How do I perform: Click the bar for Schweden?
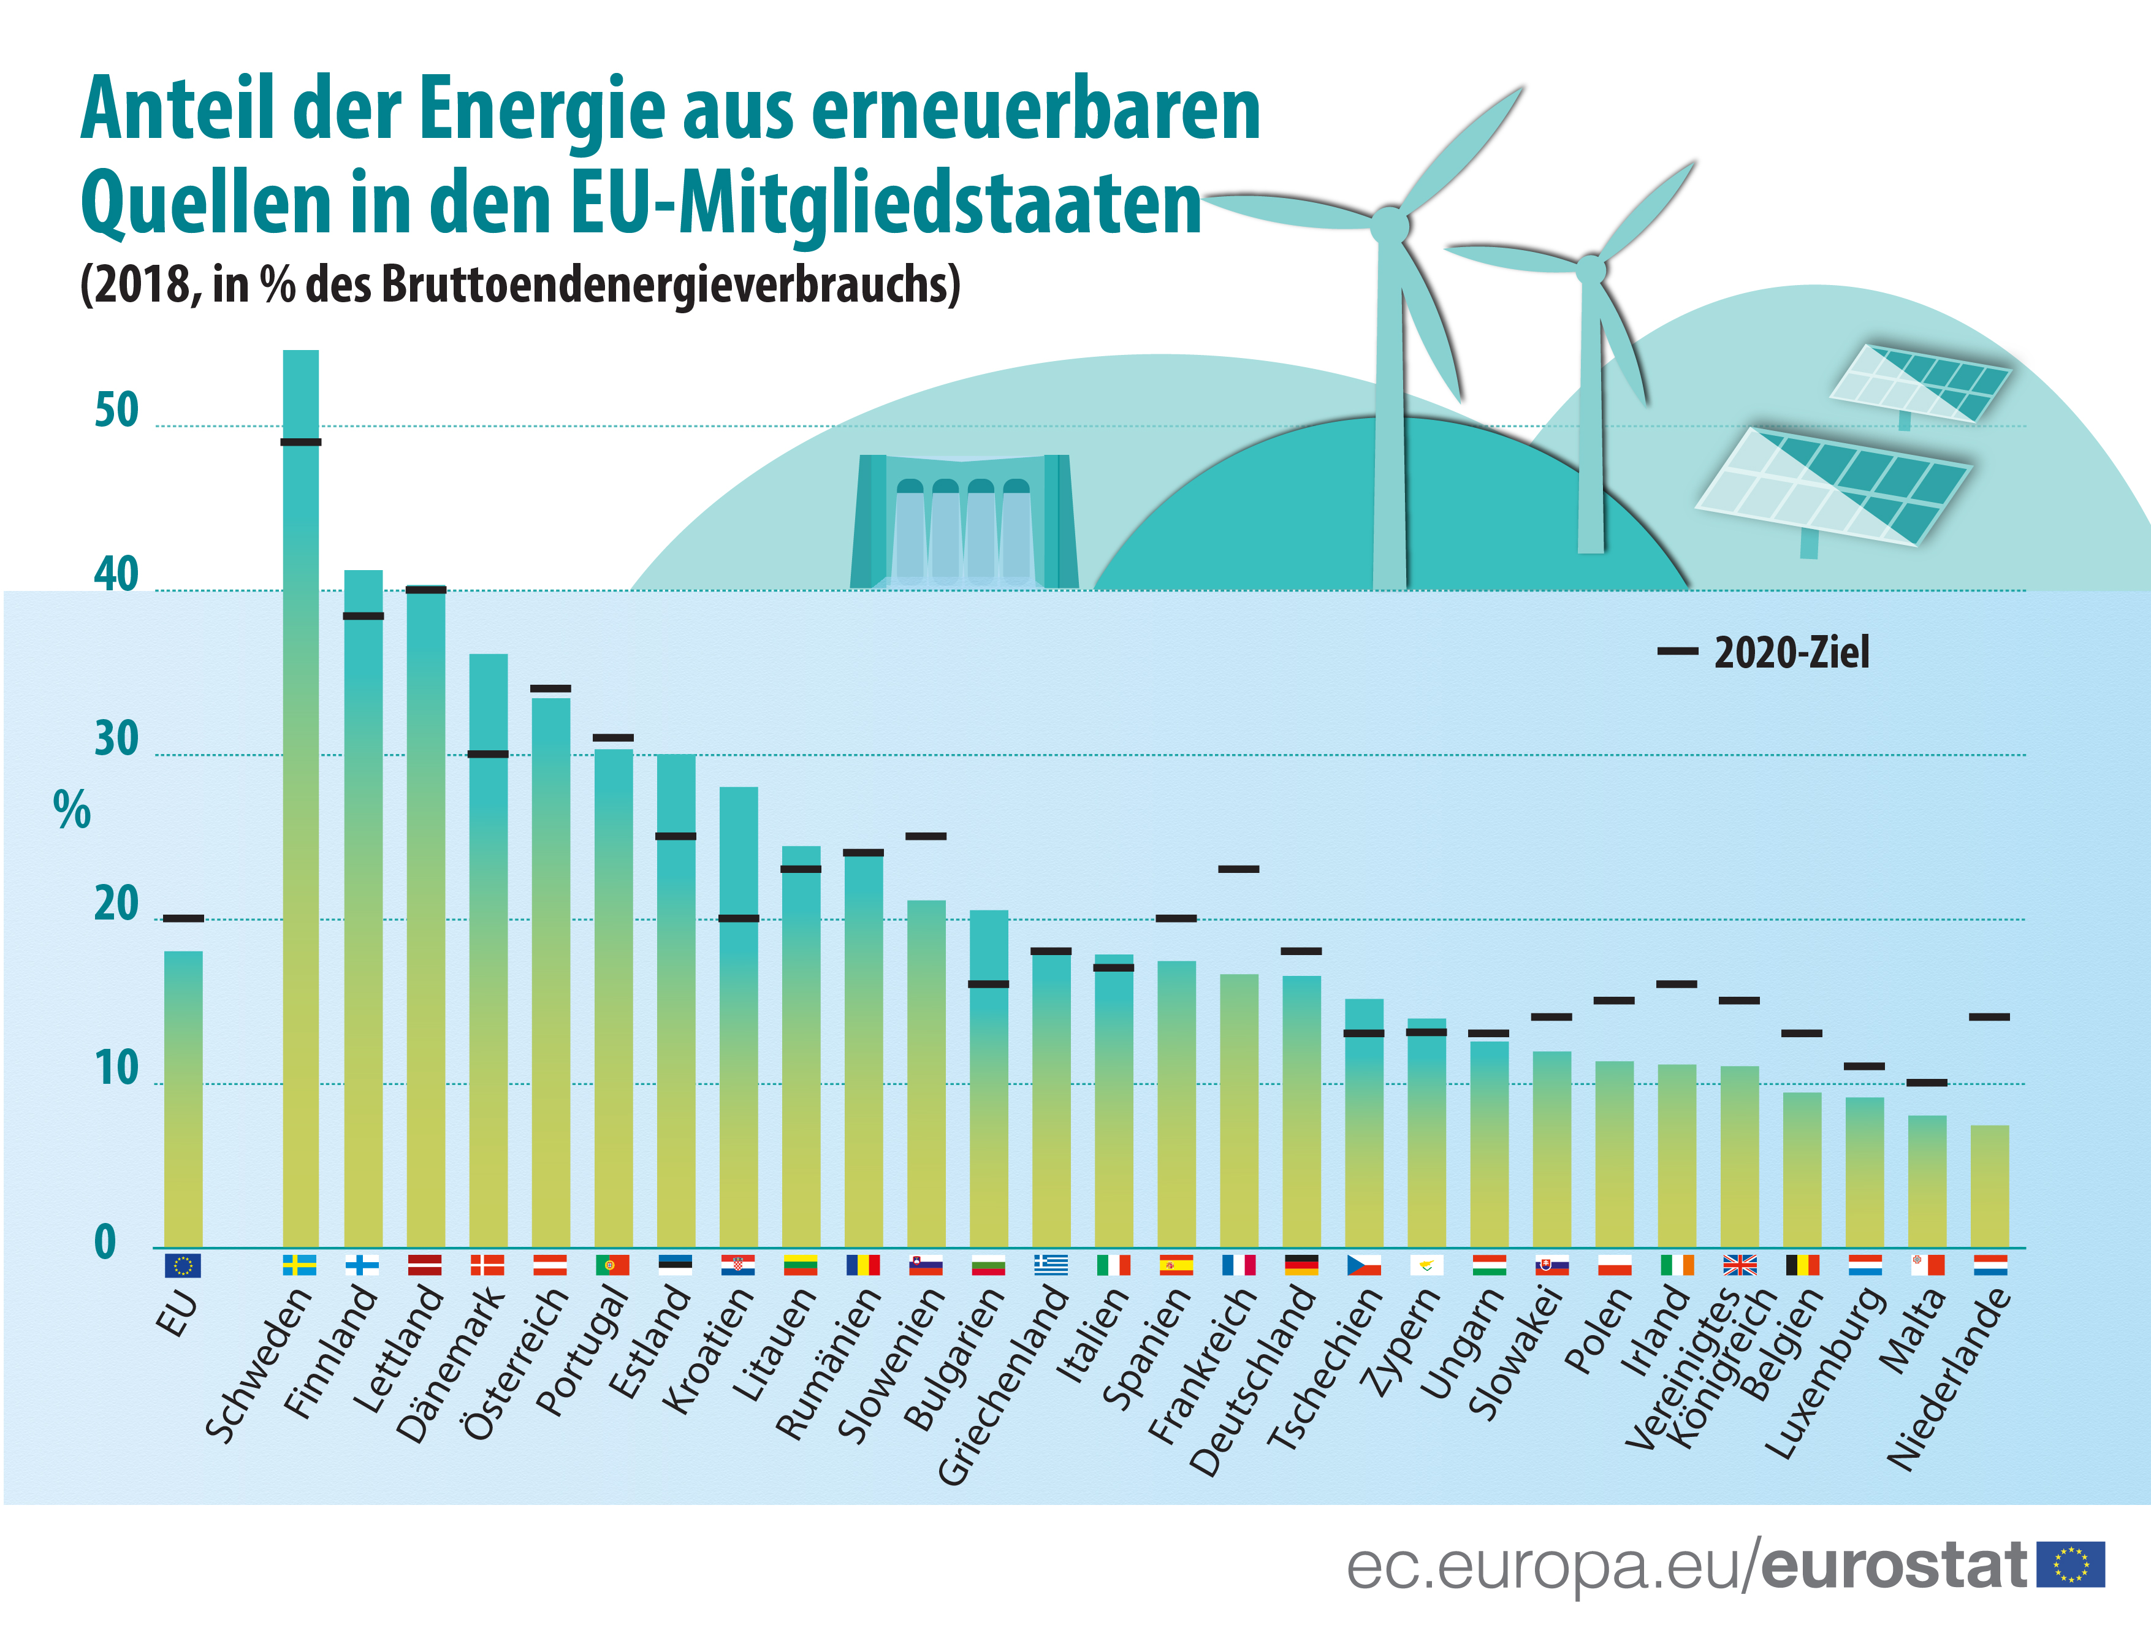[300, 798]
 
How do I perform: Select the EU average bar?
[183, 1099]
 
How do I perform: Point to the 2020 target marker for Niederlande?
[1990, 1017]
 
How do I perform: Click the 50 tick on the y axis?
[116, 411]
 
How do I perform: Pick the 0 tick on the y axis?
[105, 1243]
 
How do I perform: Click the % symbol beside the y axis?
[72, 810]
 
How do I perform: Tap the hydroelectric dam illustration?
[964, 522]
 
